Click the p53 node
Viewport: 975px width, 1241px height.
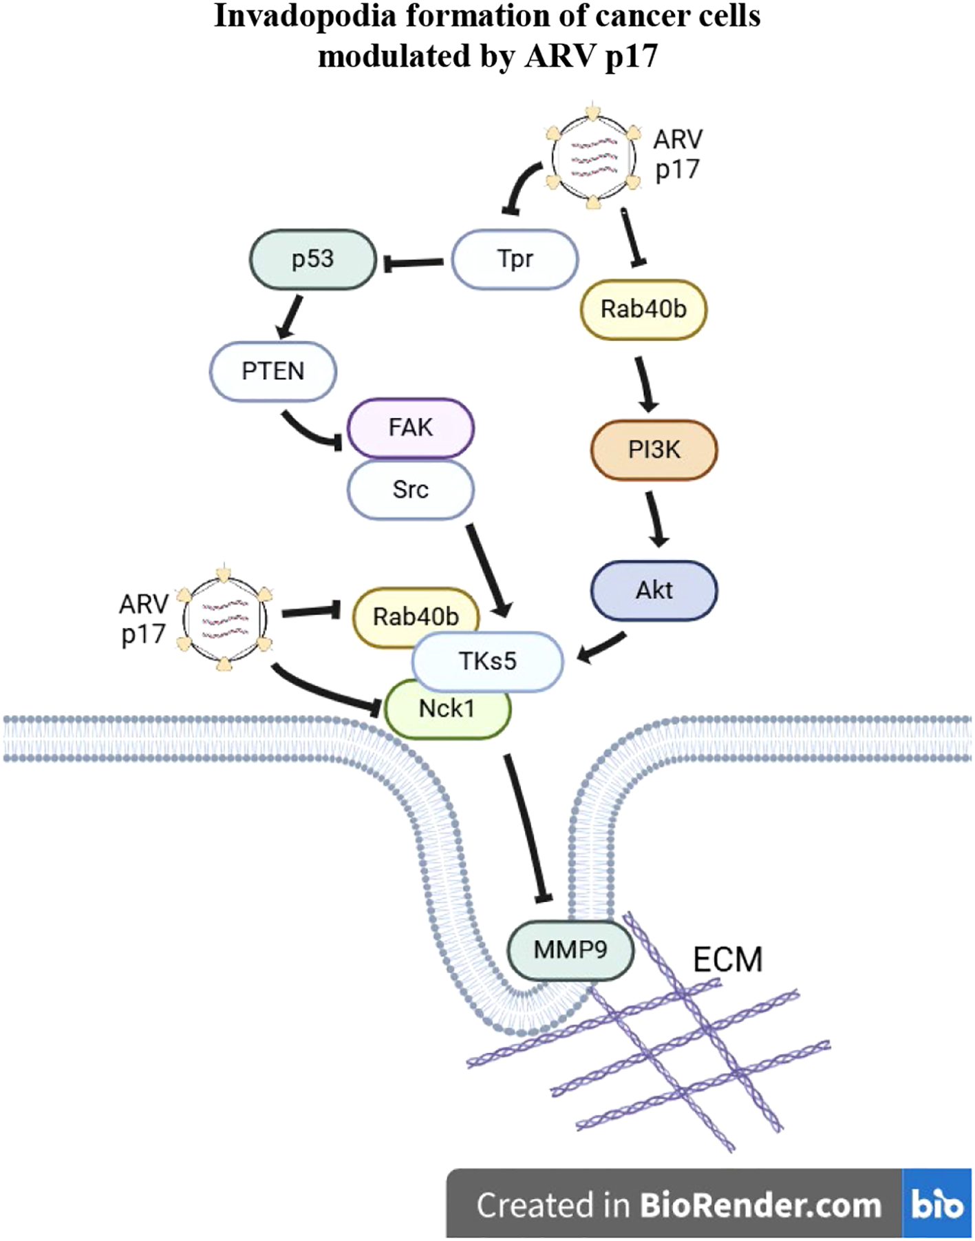[x=312, y=260]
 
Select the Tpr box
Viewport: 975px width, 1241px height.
[x=515, y=260]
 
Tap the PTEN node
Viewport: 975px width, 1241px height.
[x=272, y=372]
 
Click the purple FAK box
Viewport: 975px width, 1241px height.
[x=410, y=428]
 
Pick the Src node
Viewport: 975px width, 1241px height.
[x=410, y=490]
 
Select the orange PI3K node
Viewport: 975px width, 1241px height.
[x=654, y=450]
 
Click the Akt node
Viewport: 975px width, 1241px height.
[x=654, y=590]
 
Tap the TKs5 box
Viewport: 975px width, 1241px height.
[x=487, y=661]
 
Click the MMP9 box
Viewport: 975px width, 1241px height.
[x=570, y=951]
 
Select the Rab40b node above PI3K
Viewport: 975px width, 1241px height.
[x=643, y=309]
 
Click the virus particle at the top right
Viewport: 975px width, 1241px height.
[x=592, y=157]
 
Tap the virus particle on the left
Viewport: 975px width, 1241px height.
[x=224, y=618]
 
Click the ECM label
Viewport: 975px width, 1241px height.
[x=727, y=959]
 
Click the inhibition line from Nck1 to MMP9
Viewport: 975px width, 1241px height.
[x=526, y=826]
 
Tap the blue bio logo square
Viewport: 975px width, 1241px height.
[x=936, y=1204]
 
